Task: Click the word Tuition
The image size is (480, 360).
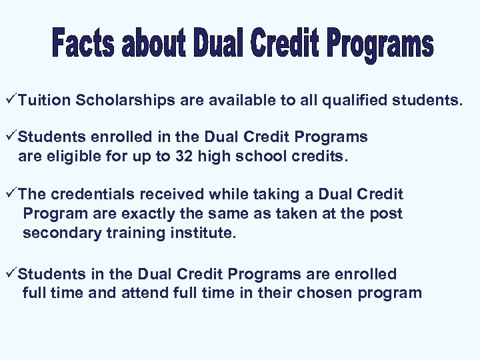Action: pos(45,101)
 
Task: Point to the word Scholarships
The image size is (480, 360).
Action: pos(126,101)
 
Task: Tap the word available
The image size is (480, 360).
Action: pos(233,101)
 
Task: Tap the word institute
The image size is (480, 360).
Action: pos(207,233)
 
